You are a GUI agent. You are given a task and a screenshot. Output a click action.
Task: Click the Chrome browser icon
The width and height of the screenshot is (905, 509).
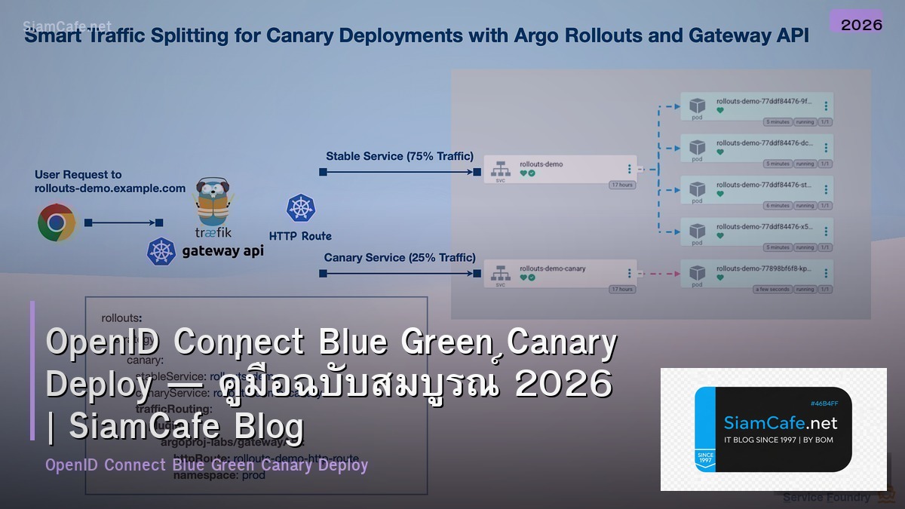tap(57, 222)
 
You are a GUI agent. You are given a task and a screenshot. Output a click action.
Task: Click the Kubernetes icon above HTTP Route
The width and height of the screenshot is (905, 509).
tap(300, 208)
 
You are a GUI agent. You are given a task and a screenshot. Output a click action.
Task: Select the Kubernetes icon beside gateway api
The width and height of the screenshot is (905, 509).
tap(161, 252)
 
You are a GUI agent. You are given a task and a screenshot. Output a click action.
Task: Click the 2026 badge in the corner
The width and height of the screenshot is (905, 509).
tap(861, 24)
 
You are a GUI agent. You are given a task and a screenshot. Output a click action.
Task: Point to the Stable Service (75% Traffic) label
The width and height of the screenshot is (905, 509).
tap(400, 157)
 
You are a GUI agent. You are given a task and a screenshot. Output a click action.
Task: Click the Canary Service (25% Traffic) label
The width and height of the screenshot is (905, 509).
tap(400, 258)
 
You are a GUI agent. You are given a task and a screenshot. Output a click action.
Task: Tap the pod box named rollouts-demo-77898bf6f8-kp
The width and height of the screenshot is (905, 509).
tap(756, 274)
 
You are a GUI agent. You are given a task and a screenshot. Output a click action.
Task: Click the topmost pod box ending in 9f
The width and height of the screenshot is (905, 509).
tap(756, 106)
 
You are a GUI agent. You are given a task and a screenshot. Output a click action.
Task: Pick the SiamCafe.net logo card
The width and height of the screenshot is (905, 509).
tap(773, 429)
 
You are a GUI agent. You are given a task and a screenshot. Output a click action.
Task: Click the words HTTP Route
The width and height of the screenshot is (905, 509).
tap(300, 236)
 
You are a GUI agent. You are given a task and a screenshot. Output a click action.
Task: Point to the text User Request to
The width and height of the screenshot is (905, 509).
tap(78, 174)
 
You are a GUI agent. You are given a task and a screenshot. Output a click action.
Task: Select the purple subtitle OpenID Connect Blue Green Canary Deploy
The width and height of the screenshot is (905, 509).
tap(207, 465)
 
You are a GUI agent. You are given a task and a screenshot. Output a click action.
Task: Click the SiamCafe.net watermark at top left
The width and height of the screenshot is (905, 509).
tap(67, 26)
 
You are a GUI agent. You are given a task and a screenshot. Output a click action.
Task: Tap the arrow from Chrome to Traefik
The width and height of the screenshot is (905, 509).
tap(124, 222)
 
